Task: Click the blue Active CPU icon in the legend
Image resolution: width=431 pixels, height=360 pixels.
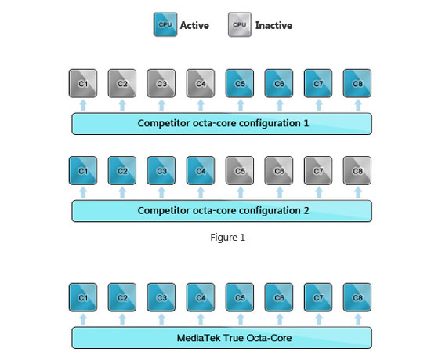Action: click(x=165, y=24)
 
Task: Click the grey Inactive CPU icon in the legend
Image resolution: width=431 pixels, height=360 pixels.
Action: click(x=240, y=24)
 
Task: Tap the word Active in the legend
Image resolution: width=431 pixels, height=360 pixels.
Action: click(x=194, y=25)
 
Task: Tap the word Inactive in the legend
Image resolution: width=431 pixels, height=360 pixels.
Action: click(x=273, y=25)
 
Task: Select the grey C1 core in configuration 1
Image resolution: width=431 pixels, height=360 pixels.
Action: click(x=83, y=83)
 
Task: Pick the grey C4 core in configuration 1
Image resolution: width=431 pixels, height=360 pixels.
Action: click(x=201, y=83)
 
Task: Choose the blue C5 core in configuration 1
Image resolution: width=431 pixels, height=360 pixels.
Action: click(x=240, y=83)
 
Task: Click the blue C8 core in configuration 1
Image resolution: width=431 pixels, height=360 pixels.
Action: click(x=357, y=83)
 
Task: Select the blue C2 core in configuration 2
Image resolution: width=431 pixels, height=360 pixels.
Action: click(x=122, y=170)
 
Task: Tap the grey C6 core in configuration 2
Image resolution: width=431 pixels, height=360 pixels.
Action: click(x=279, y=170)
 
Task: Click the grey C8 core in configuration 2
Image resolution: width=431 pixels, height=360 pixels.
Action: click(x=357, y=170)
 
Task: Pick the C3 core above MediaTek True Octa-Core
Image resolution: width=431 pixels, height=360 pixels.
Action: click(x=161, y=297)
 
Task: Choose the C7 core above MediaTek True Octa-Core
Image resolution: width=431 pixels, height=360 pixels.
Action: click(x=318, y=297)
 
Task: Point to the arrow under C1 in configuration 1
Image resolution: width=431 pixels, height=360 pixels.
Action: click(x=83, y=105)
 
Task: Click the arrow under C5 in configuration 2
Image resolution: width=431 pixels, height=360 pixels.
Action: click(x=241, y=192)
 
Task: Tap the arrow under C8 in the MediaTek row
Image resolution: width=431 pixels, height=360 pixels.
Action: click(x=358, y=319)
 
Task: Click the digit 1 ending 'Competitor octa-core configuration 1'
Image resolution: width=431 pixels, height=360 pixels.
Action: click(x=306, y=123)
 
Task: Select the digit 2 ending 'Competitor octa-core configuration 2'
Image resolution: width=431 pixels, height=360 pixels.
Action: click(x=306, y=211)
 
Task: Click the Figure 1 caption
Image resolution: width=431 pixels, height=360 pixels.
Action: click(x=227, y=238)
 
